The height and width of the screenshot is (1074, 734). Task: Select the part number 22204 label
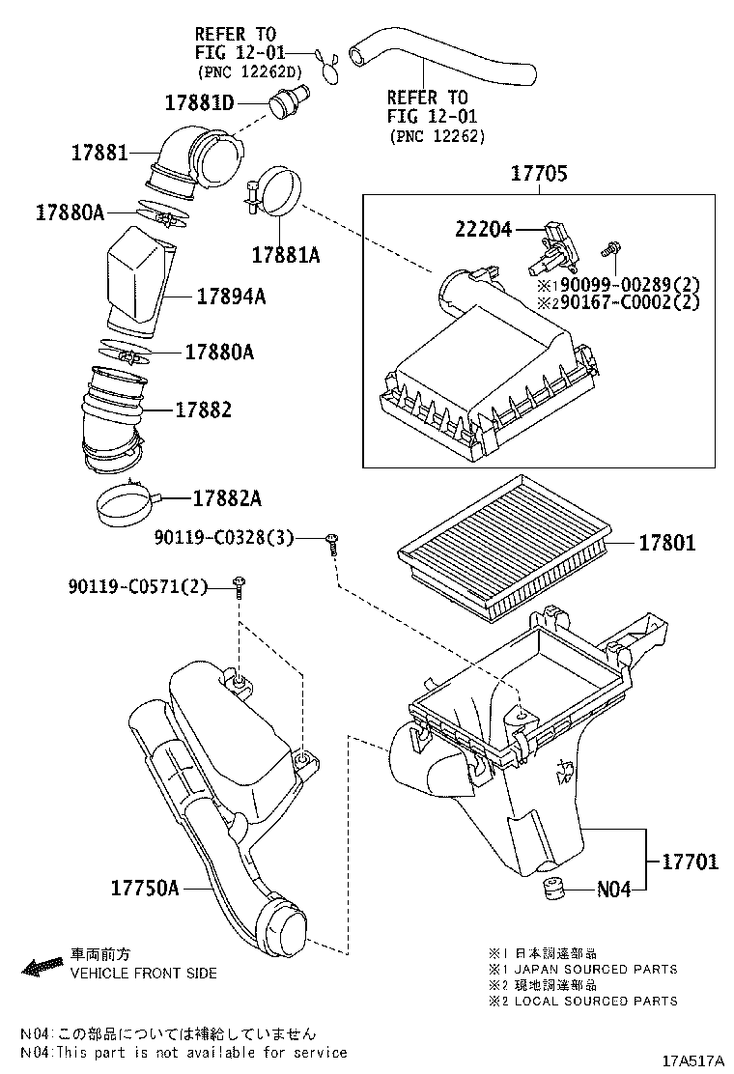(483, 229)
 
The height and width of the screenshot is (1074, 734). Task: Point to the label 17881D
(199, 102)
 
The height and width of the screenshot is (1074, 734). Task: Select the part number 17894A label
(231, 297)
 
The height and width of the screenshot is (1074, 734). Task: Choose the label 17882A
(227, 499)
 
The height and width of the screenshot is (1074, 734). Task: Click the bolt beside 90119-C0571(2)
(238, 587)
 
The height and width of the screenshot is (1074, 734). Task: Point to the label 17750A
(144, 886)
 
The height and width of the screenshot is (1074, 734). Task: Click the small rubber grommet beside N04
(554, 889)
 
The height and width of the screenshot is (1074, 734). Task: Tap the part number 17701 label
(690, 861)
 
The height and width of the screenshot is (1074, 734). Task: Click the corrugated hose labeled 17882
(114, 415)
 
